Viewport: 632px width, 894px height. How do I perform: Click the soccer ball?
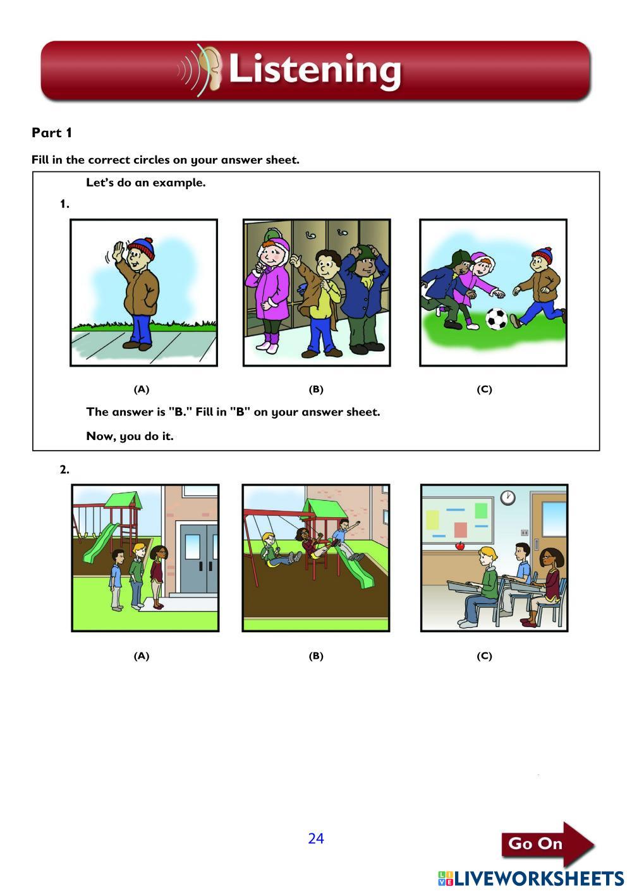(496, 319)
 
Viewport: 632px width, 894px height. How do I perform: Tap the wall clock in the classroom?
(507, 498)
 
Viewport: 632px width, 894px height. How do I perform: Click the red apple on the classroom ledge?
(460, 546)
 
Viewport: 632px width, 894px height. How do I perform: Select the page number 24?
(315, 838)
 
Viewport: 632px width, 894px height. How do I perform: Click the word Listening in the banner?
(315, 71)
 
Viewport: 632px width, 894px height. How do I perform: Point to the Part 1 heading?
(52, 133)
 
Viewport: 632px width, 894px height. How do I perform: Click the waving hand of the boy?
(119, 250)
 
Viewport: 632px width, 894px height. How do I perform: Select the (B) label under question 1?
(316, 389)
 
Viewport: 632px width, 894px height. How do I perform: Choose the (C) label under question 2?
(484, 656)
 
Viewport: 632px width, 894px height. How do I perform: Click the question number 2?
(64, 470)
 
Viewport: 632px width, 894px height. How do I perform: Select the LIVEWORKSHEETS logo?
(531, 878)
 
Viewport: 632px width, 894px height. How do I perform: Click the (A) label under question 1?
(142, 389)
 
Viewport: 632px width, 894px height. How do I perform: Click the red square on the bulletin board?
(461, 530)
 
